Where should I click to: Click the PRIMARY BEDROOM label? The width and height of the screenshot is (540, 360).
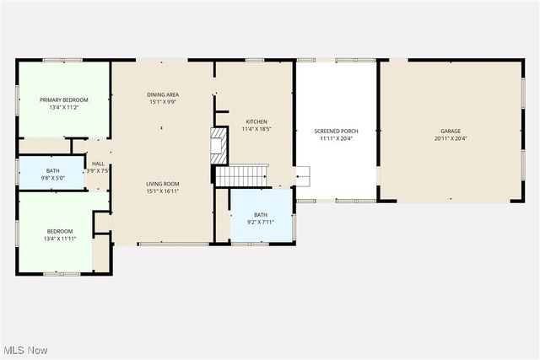(x=64, y=99)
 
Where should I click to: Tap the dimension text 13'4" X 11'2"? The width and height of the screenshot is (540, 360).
(x=64, y=108)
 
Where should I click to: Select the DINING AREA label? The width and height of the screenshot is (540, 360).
(x=162, y=95)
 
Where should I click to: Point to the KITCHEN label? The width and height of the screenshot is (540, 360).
(x=256, y=121)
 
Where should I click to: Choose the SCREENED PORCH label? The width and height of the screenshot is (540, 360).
(x=335, y=132)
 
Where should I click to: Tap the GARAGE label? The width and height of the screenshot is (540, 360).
(x=451, y=132)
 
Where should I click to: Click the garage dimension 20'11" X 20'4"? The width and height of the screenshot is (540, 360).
(x=451, y=139)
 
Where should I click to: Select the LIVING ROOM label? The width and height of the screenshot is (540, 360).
(x=162, y=184)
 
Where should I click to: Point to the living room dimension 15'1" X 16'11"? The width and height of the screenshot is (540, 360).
(x=162, y=191)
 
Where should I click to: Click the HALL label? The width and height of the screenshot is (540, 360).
(x=98, y=164)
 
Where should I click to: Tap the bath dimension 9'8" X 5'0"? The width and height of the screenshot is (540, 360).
(x=41, y=179)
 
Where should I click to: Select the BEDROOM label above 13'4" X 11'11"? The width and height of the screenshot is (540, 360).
(x=59, y=231)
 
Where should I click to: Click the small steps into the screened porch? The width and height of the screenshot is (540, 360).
(x=302, y=176)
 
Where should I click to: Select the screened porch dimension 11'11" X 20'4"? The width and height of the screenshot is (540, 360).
(x=335, y=139)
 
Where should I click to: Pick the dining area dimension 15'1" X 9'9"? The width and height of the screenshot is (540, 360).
(x=162, y=103)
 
